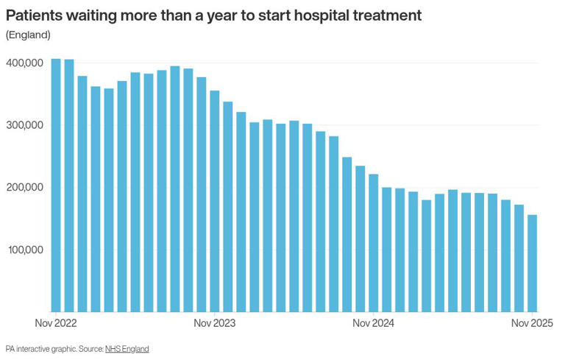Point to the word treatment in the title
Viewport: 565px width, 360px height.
[x=389, y=15]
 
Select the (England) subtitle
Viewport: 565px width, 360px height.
[x=28, y=35]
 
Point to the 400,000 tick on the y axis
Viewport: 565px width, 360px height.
[x=25, y=63]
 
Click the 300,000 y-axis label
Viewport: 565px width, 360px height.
[x=25, y=125]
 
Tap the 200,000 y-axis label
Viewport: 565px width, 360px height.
[x=25, y=188]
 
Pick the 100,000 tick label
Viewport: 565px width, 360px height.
[x=25, y=250]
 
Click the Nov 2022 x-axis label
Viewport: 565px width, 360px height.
[x=56, y=323]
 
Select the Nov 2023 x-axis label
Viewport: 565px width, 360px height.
[x=214, y=323]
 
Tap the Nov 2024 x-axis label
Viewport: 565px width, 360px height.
[x=374, y=323]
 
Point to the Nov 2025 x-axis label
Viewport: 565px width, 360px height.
[x=532, y=323]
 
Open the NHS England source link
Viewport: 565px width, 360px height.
[x=127, y=349]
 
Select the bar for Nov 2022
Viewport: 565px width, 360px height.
[x=56, y=185]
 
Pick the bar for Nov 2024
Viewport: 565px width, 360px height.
[x=374, y=243]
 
